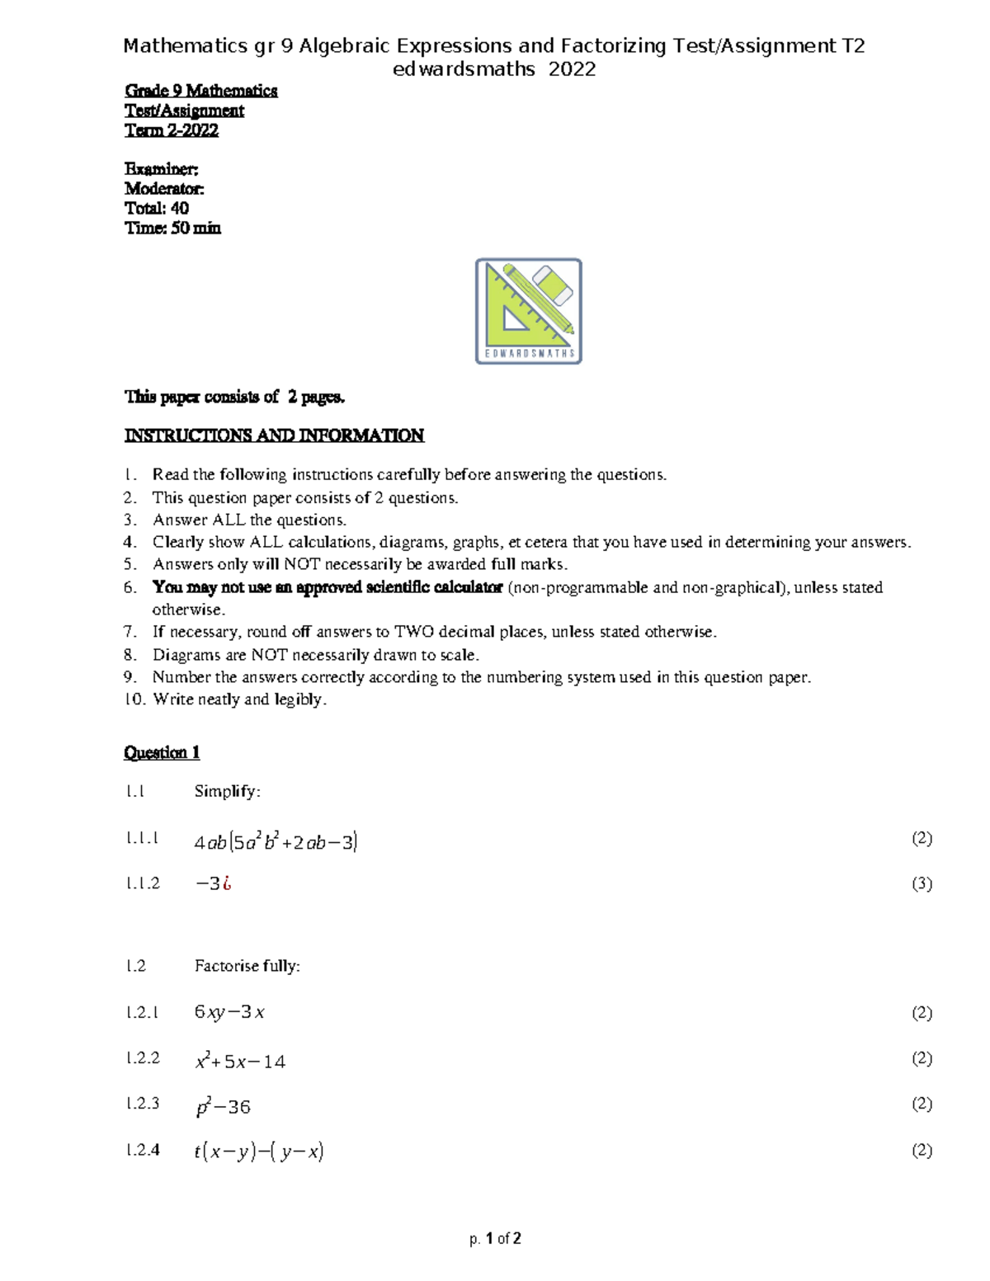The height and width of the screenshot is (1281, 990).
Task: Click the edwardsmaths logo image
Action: click(x=529, y=311)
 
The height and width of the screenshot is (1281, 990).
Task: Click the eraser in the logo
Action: click(x=553, y=285)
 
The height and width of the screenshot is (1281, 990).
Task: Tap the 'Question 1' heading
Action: click(x=162, y=752)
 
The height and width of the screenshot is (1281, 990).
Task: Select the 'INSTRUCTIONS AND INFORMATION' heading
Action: click(x=274, y=436)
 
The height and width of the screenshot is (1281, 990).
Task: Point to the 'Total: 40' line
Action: click(x=157, y=209)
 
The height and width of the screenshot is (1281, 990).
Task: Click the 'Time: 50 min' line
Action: click(x=172, y=228)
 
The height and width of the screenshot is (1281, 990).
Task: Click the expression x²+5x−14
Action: click(x=240, y=1062)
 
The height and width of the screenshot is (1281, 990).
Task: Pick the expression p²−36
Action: click(x=223, y=1107)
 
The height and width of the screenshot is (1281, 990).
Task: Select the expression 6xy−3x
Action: click(x=229, y=1012)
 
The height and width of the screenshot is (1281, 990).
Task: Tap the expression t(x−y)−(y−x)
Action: click(x=259, y=1152)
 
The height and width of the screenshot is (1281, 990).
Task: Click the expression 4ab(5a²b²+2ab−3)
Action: click(x=276, y=842)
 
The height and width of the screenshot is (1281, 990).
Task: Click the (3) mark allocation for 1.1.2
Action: click(x=922, y=883)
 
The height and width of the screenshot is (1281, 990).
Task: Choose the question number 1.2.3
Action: click(x=143, y=1104)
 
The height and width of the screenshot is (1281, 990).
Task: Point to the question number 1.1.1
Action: click(x=143, y=838)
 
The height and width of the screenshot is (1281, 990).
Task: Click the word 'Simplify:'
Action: click(x=227, y=792)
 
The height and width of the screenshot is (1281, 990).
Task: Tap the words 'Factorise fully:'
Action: click(x=247, y=966)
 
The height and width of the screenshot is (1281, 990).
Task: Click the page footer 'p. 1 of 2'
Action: click(x=495, y=1238)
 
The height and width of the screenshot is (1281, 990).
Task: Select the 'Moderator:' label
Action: click(x=164, y=189)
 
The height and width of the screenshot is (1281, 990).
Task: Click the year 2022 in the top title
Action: click(x=572, y=69)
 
